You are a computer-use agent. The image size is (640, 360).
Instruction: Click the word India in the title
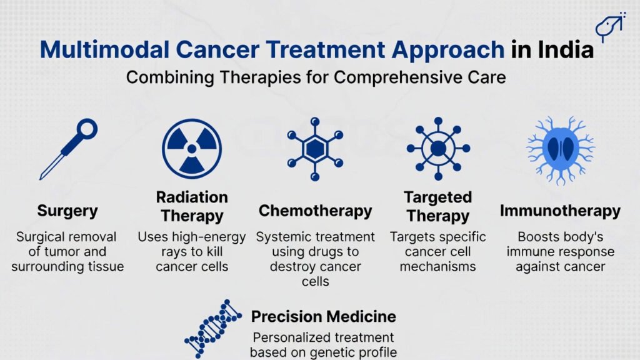coord(561,49)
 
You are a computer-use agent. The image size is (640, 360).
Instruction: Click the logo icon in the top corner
coord(611,27)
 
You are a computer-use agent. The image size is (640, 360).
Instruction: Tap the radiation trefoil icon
coord(192,149)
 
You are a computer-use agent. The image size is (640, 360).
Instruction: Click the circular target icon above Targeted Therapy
coord(437,149)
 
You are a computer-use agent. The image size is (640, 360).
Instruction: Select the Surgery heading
coord(68,211)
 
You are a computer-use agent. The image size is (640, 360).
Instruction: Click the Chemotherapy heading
coord(315,211)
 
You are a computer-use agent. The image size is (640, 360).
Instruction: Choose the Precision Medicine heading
coord(323,316)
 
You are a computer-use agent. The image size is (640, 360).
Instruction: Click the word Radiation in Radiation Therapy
coord(192,197)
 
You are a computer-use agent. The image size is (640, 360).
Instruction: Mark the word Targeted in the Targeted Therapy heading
coord(437,197)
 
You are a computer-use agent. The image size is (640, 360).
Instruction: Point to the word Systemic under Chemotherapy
coord(284,237)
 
